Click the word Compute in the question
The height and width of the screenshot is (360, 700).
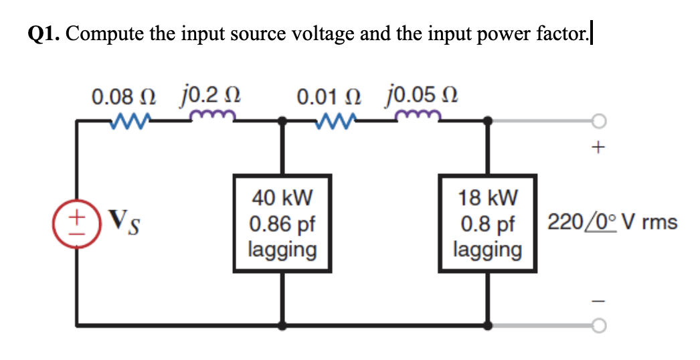point(100,33)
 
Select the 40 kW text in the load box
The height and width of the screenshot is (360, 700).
point(282,198)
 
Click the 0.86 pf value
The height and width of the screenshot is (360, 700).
point(282,223)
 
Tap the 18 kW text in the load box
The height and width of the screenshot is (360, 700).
point(488,198)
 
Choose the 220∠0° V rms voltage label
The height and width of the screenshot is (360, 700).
point(612,222)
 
